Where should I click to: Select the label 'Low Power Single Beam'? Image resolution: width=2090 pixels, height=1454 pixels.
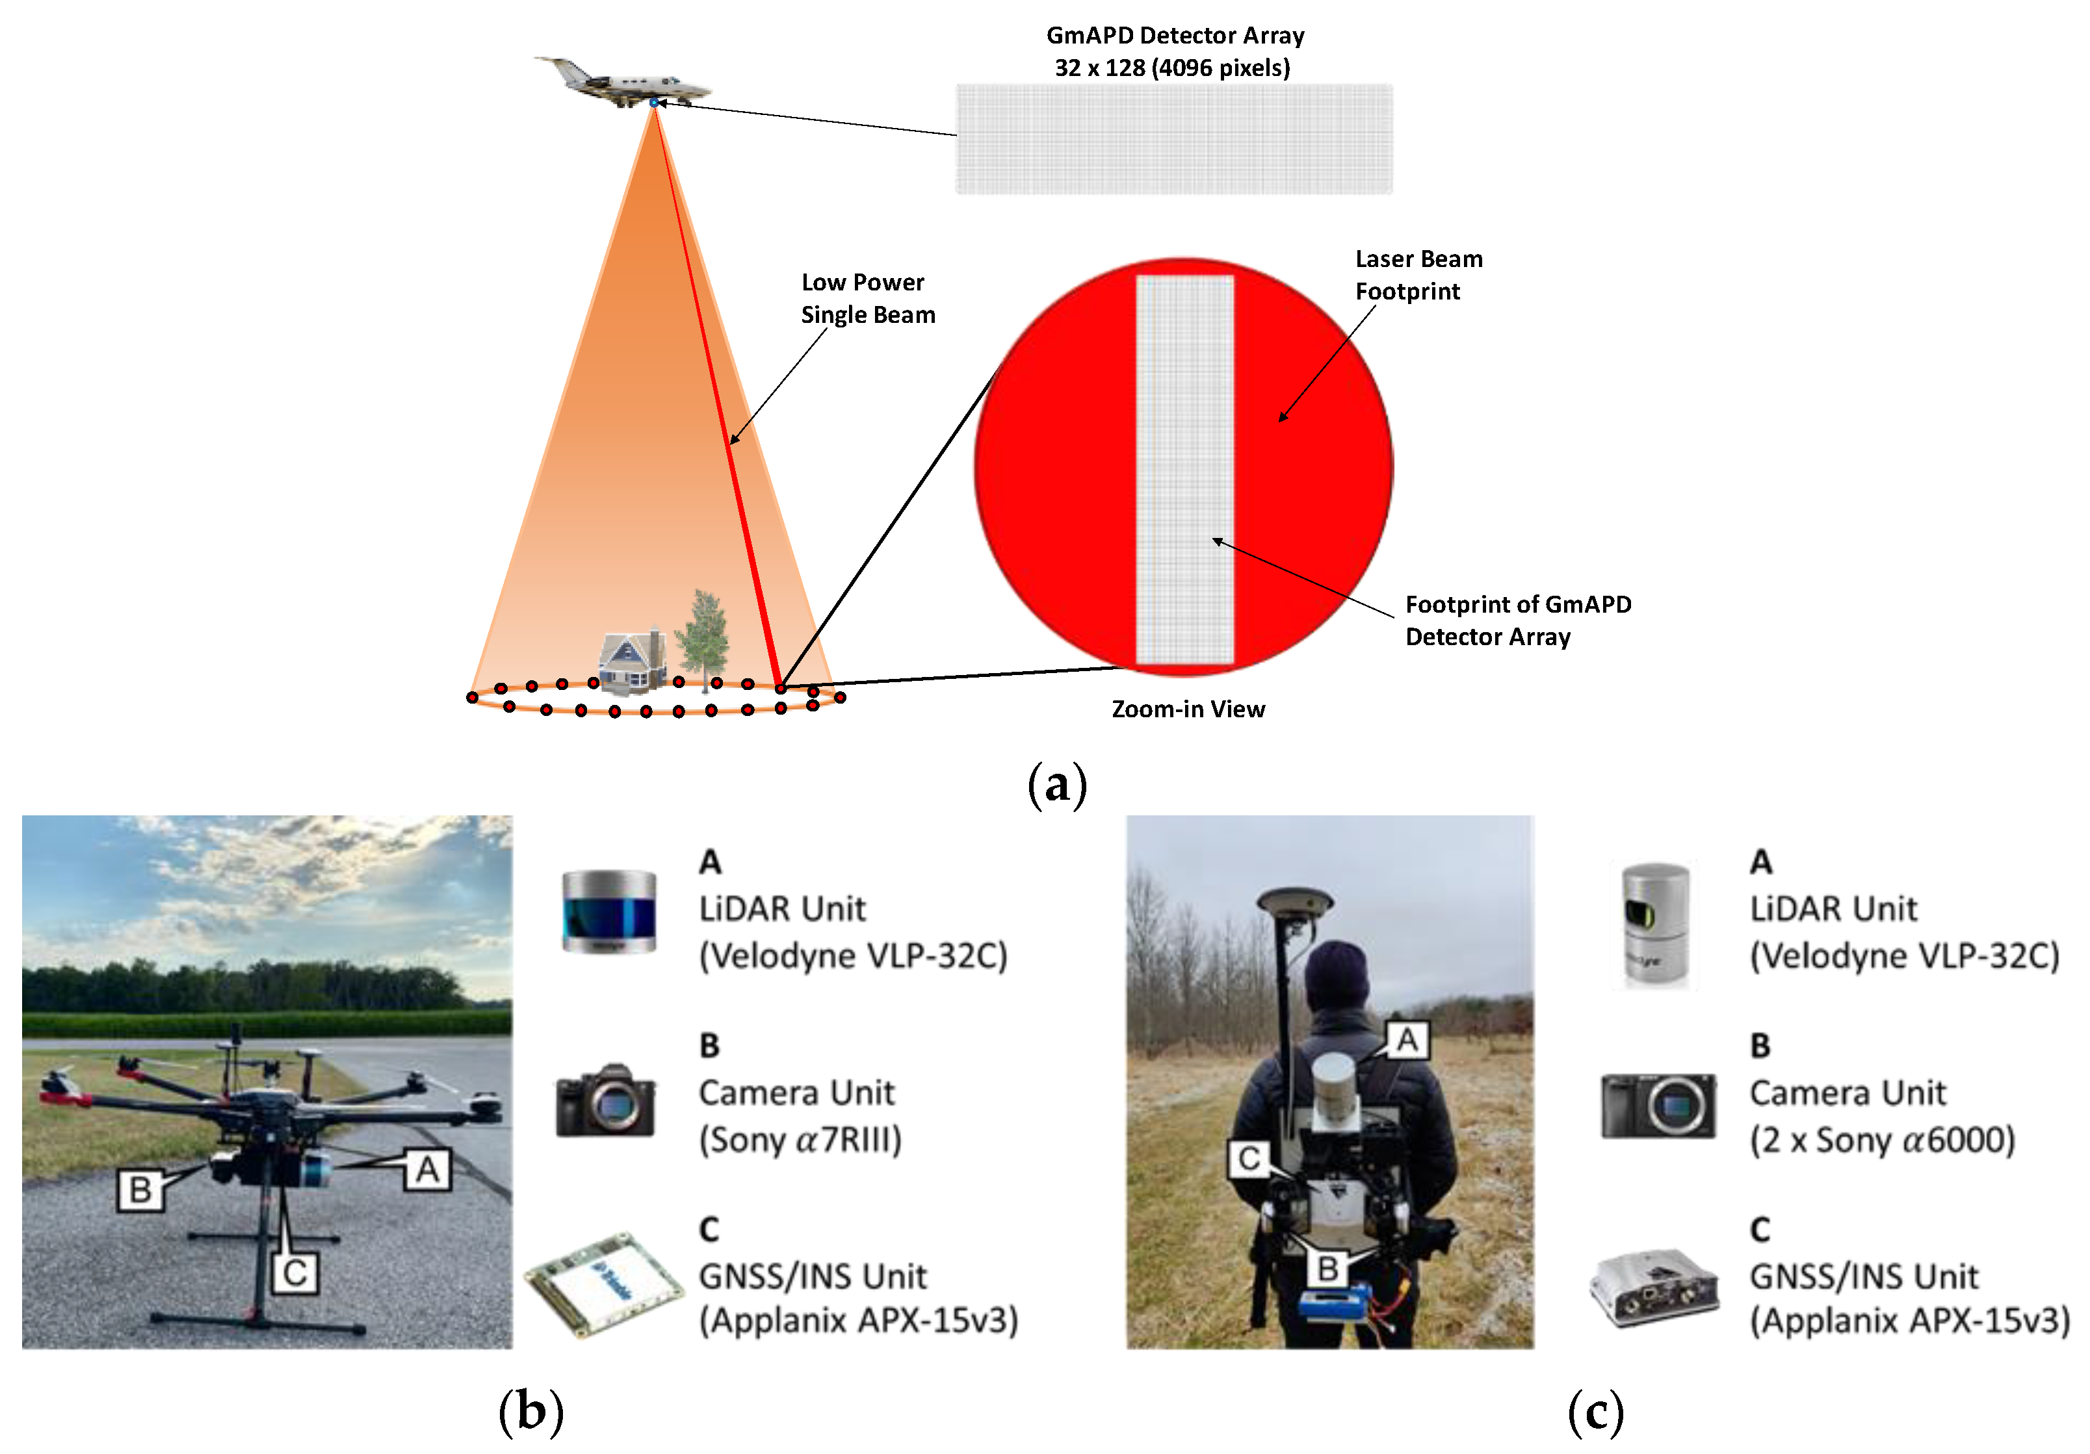pyautogui.click(x=867, y=298)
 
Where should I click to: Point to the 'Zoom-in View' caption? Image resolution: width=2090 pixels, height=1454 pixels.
pyautogui.click(x=1187, y=709)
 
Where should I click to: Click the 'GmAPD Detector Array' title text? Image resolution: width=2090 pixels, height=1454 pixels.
pyautogui.click(x=1174, y=36)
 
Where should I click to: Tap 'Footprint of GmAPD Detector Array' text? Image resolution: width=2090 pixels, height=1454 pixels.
pyautogui.click(x=1517, y=620)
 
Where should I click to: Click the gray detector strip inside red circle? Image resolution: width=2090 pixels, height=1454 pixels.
pyautogui.click(x=1184, y=468)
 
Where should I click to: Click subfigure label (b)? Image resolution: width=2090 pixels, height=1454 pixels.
pyautogui.click(x=530, y=1411)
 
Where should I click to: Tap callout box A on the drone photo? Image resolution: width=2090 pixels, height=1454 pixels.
pyautogui.click(x=427, y=1169)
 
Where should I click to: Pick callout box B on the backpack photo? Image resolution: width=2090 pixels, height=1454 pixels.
pyautogui.click(x=1327, y=1268)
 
